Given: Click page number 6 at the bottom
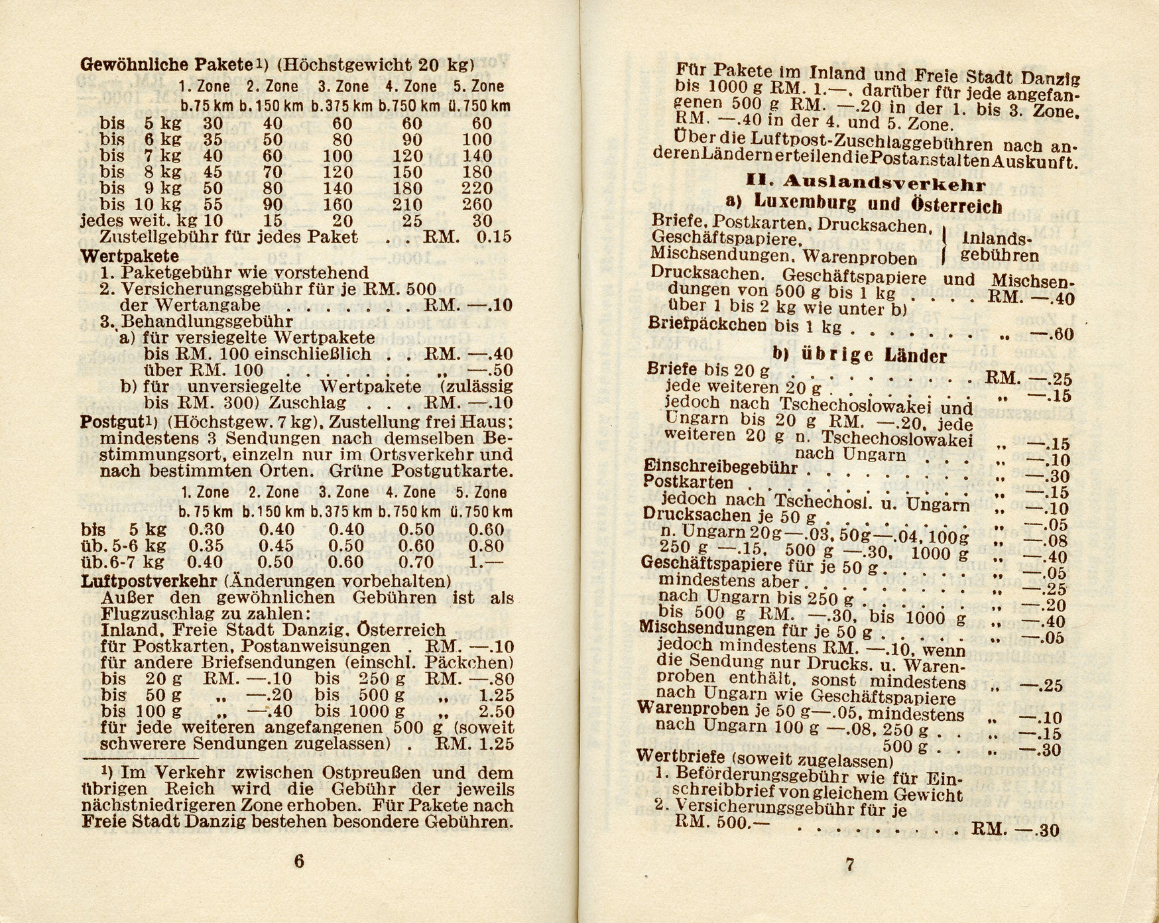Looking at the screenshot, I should point(298,861).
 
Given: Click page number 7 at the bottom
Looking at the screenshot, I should point(850,865).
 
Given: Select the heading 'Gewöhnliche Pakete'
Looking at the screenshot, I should point(167,65).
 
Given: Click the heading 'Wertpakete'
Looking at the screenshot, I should point(129,255).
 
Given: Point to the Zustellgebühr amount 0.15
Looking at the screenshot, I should point(494,237).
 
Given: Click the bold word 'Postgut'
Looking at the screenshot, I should point(107,422).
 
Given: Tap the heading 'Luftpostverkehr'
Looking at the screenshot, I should point(149,582).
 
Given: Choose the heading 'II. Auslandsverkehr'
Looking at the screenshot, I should point(866,182).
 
